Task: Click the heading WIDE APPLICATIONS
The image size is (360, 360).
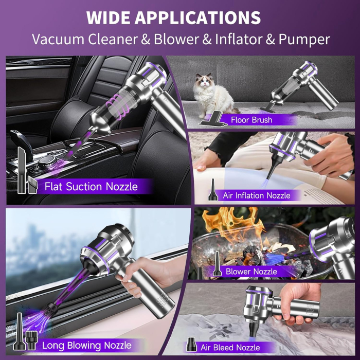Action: tap(173, 17)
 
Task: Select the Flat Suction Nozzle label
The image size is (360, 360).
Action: tap(91, 186)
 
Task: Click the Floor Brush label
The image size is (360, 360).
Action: tap(251, 120)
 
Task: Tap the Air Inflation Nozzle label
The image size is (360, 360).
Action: tap(256, 195)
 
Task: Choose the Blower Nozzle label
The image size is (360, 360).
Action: tap(251, 271)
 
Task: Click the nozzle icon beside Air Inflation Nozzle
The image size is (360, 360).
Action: tap(210, 190)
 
